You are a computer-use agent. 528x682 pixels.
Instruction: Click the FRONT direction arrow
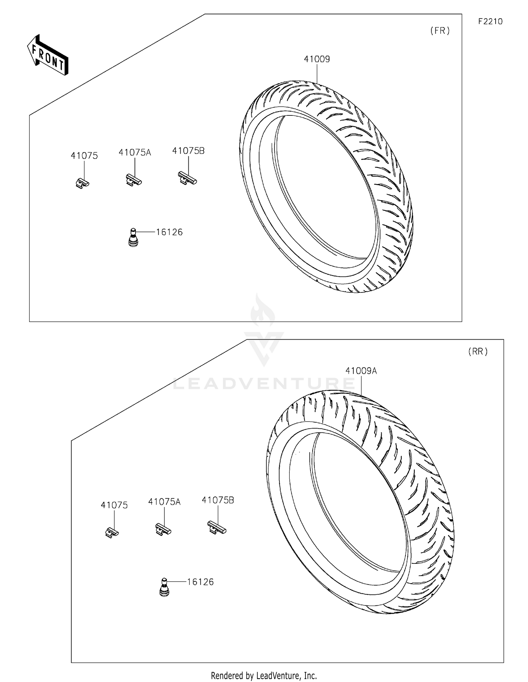pos(48,56)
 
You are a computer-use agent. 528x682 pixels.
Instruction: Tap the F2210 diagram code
pos(490,21)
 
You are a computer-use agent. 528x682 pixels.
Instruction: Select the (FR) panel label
pos(440,31)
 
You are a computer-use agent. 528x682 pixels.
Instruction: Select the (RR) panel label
pos(478,352)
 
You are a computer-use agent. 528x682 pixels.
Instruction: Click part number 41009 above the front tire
pos(317,59)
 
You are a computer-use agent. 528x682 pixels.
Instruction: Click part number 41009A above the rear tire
pos(361,371)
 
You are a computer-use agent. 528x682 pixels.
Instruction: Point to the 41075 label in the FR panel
pos(84,156)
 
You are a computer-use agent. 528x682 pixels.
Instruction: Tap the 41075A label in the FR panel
pos(135,153)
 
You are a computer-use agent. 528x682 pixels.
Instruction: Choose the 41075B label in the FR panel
pos(188,151)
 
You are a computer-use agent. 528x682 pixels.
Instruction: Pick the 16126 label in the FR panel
pos(169,232)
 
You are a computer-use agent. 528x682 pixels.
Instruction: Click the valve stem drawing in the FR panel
pos(133,238)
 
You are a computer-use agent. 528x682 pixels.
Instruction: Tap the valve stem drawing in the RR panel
pos(164,587)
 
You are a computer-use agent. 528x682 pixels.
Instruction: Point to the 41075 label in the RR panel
pos(114,505)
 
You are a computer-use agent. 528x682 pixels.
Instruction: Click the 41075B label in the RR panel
pos(218,500)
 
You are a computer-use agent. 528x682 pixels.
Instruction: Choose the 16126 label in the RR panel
pos(200,582)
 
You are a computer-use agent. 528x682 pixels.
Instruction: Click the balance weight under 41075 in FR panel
pos(82,183)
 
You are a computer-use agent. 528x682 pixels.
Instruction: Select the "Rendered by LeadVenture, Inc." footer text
pos(264,675)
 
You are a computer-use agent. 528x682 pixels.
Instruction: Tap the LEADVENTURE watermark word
pos(264,383)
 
